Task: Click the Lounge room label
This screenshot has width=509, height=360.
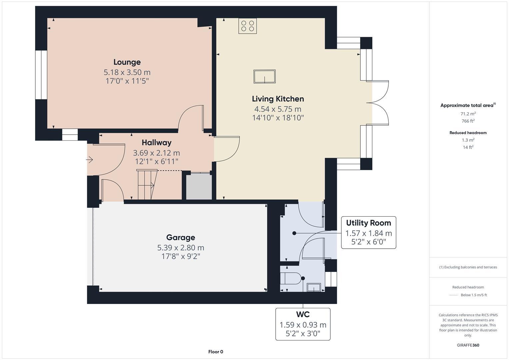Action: tap(127, 62)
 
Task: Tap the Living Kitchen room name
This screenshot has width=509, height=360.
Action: tap(278, 99)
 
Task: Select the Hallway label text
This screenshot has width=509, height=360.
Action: tap(156, 143)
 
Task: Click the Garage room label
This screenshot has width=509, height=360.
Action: tap(180, 237)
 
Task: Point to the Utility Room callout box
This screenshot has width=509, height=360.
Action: tap(368, 232)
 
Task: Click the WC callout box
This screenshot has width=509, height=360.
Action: tap(303, 324)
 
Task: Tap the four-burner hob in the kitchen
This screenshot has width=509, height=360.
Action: tap(248, 26)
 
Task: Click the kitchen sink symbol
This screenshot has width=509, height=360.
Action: tap(264, 77)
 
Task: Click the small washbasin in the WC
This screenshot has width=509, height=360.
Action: tap(313, 287)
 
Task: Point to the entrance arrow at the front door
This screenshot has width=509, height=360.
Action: tap(89, 160)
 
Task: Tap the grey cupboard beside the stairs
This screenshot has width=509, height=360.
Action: tap(199, 187)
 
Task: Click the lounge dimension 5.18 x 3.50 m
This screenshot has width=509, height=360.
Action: tap(127, 72)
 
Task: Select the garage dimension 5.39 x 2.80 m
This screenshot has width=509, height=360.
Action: tap(180, 248)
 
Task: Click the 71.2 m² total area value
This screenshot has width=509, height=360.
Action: tap(468, 114)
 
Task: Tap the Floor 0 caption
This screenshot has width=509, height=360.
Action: tap(215, 352)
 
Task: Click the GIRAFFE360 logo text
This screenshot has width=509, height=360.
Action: tap(468, 345)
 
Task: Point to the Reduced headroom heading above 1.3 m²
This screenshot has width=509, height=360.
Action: tap(468, 133)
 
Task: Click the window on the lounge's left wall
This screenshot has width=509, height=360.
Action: tap(41, 75)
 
